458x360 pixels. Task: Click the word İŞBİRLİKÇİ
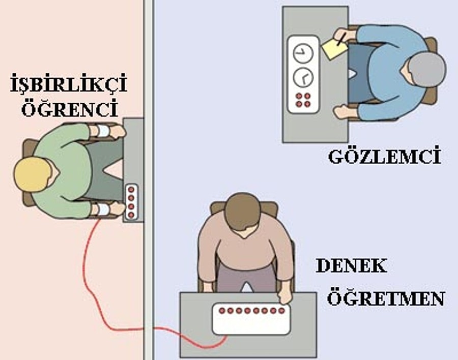tap(69, 83)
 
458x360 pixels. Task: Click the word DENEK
tap(351, 265)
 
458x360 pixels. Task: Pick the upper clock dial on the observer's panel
tap(303, 53)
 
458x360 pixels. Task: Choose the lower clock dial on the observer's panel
tap(303, 77)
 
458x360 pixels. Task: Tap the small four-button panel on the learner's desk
tap(131, 202)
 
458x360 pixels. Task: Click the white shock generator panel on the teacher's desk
tap(251, 319)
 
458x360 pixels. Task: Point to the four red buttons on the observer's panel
tap(303, 100)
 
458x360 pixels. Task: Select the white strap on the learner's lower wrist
tap(103, 209)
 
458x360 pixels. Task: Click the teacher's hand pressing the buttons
tap(284, 297)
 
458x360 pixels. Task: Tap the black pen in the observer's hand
tap(341, 39)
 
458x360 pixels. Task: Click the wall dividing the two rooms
tap(149, 180)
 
